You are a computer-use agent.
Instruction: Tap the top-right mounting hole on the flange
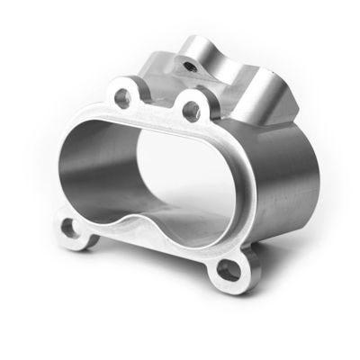190,109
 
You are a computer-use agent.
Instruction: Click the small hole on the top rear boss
190,64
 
